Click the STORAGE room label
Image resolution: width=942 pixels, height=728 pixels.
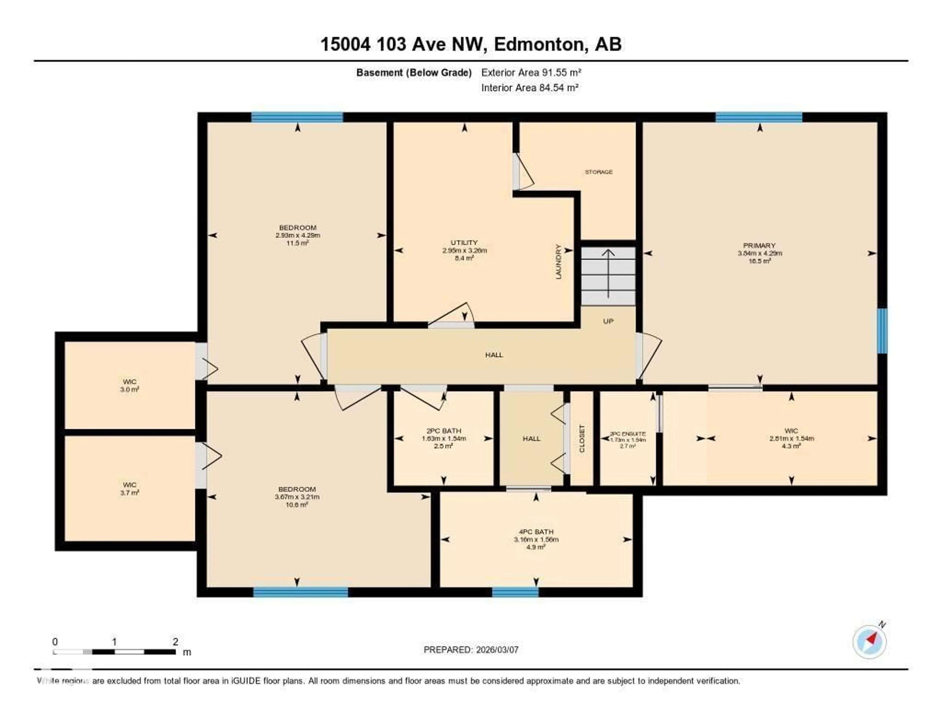point(598,172)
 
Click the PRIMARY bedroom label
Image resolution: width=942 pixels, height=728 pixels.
point(759,245)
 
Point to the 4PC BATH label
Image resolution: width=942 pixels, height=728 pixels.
point(536,532)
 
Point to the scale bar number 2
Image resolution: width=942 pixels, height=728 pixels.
point(175,642)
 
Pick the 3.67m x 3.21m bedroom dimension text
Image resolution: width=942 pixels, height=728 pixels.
point(297,497)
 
